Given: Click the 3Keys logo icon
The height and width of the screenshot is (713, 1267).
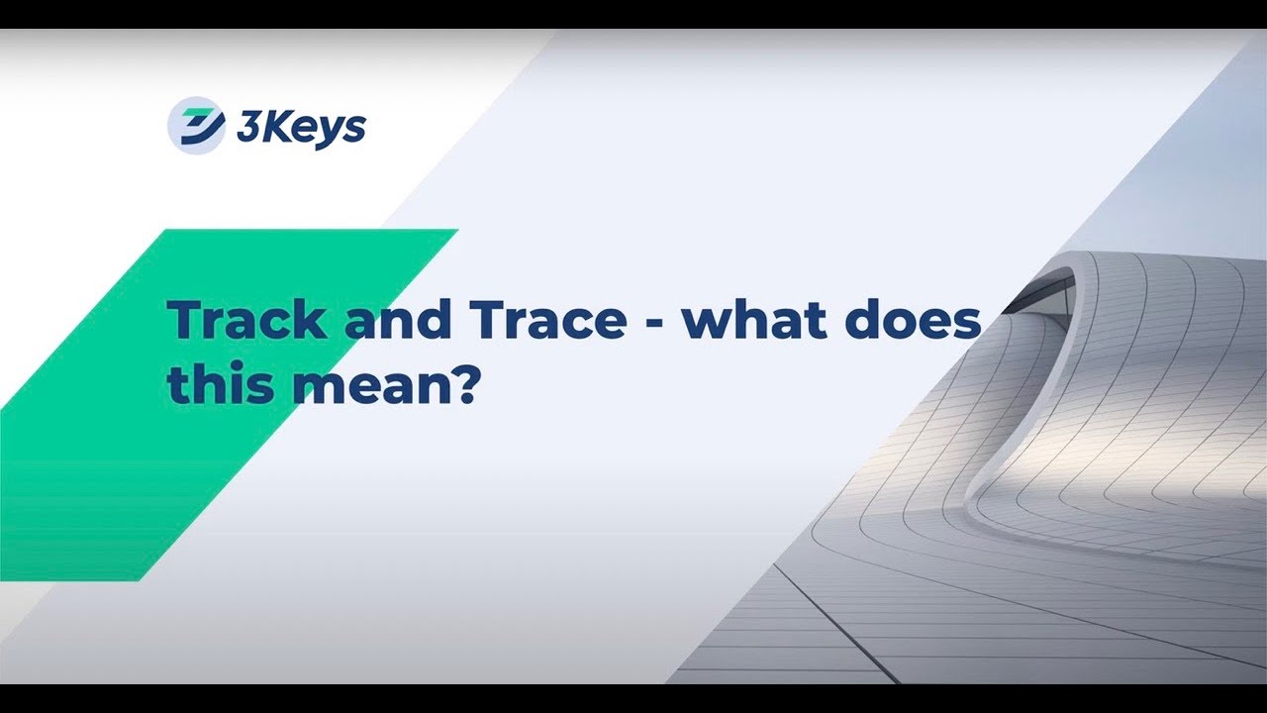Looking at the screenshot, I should pyautogui.click(x=196, y=126).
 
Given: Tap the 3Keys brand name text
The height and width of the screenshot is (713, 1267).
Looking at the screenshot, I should pyautogui.click(x=301, y=128).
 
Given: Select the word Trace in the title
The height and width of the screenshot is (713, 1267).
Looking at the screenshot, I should pyautogui.click(x=547, y=321).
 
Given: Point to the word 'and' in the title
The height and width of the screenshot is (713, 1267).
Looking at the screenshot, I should pyautogui.click(x=387, y=321).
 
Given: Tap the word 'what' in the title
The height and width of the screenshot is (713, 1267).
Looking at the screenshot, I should pyautogui.click(x=751, y=321).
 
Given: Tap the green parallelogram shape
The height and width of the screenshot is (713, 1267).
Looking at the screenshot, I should pyautogui.click(x=148, y=465).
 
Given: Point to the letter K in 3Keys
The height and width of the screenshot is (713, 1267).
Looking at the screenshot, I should pyautogui.click(x=271, y=127).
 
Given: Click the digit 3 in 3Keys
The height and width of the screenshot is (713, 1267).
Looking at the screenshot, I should pyautogui.click(x=246, y=128).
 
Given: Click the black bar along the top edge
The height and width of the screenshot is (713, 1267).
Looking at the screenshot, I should pyautogui.click(x=633, y=14).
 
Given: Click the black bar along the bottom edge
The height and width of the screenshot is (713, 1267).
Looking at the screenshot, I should pyautogui.click(x=633, y=698).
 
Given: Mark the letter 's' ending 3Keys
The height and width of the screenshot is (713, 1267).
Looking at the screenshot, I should pyautogui.click(x=355, y=131).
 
